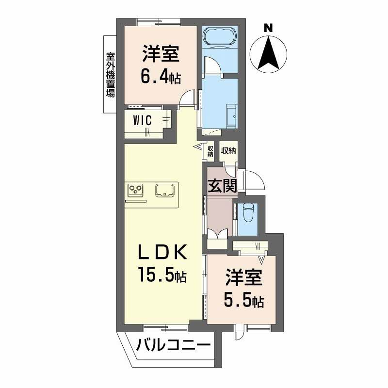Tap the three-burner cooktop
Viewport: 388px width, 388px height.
tap(136, 190)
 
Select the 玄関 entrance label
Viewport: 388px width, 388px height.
tap(223, 186)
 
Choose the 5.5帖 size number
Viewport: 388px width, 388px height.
tap(243, 301)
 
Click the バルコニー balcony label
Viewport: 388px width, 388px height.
tap(173, 346)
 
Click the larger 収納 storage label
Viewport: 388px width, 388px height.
tap(228, 151)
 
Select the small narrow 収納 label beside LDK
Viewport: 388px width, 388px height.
tap(210, 151)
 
